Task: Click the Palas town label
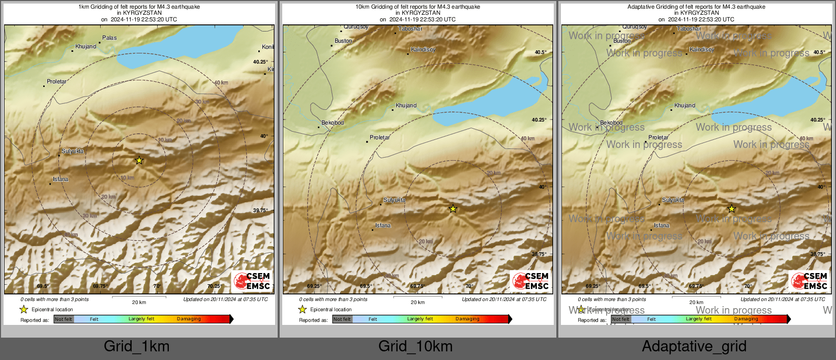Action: click(x=109, y=38)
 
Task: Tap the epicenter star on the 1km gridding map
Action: click(x=139, y=160)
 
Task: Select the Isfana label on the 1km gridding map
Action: click(x=61, y=179)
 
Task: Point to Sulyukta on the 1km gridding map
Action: click(x=73, y=151)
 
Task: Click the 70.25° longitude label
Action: click(x=215, y=286)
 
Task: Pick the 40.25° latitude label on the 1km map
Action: click(x=260, y=62)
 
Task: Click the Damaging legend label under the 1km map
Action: click(x=189, y=319)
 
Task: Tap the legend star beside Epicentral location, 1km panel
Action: click(x=23, y=309)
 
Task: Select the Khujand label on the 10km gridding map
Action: click(x=406, y=105)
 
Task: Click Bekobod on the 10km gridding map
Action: click(x=333, y=123)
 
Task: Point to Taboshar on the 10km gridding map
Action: click(x=410, y=29)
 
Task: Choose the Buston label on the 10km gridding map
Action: click(x=343, y=41)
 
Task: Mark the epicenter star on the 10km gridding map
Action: click(x=453, y=208)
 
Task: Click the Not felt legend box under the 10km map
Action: click(x=342, y=319)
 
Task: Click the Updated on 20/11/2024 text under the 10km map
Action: click(x=504, y=299)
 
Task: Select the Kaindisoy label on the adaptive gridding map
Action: click(x=702, y=49)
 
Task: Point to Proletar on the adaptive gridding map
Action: click(x=659, y=137)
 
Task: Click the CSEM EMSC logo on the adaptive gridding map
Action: click(x=809, y=281)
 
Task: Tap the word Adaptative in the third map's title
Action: click(x=642, y=7)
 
